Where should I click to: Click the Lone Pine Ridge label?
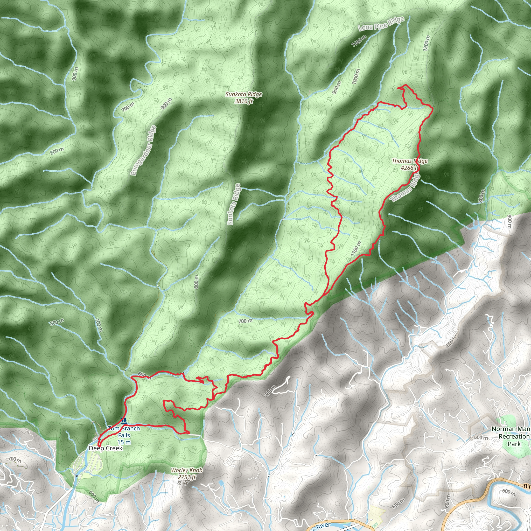[x=381, y=24]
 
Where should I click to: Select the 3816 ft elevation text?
[x=244, y=101]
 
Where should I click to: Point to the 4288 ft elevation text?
[x=409, y=168]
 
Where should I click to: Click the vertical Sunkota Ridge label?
[x=234, y=205]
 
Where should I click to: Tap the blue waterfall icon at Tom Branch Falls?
[x=124, y=421]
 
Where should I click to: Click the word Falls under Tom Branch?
[x=124, y=435]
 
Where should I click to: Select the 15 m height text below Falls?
[x=124, y=442]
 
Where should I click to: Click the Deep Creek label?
[x=106, y=448]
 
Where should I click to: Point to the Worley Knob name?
[x=187, y=470]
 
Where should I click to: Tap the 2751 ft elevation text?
[x=187, y=477]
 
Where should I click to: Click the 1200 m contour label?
[x=426, y=43]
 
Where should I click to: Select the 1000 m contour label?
[x=356, y=76]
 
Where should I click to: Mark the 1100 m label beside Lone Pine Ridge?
[x=359, y=41]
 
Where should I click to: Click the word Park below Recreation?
[x=514, y=444]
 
